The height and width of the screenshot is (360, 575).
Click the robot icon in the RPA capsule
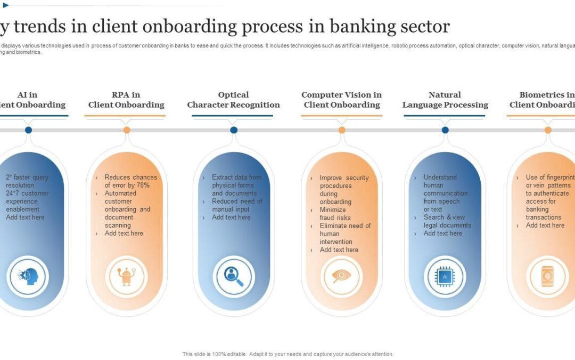point(126,276)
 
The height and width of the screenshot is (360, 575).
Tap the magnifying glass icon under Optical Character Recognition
point(234,276)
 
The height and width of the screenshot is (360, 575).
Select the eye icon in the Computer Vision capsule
point(342,276)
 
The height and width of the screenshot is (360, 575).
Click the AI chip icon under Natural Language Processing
point(445,276)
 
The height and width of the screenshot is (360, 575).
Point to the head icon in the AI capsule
point(28,276)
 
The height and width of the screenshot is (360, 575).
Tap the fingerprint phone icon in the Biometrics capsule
point(547,276)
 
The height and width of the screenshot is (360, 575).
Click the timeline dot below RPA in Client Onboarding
point(127,130)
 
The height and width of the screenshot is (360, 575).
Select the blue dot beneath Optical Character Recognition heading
point(234,130)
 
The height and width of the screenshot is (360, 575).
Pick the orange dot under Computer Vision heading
point(342,130)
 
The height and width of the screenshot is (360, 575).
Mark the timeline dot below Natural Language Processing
point(445,130)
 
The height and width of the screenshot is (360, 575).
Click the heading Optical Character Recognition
point(233,100)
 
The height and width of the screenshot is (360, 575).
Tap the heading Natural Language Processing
point(445,100)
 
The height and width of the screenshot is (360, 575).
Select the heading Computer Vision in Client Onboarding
point(342,100)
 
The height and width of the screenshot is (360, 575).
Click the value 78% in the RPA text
point(143,185)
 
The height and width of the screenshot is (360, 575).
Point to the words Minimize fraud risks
point(335,214)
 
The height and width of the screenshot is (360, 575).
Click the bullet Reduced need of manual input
point(237,205)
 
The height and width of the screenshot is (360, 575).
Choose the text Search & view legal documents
point(447,221)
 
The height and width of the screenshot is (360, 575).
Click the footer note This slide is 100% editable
point(287,354)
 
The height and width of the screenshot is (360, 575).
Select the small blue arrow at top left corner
point(6,5)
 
